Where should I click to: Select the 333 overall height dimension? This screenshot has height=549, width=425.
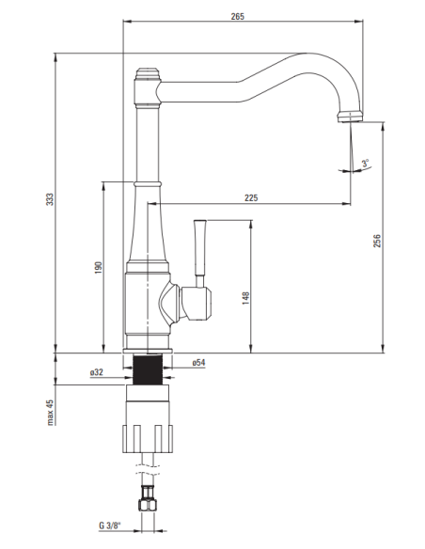50,200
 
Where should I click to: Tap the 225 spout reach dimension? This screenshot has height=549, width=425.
250,197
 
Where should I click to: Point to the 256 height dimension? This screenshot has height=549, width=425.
376,241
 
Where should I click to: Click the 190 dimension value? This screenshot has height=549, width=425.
98,268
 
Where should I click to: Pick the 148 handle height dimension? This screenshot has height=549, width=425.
244,297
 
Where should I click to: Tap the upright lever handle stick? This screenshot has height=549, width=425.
199,252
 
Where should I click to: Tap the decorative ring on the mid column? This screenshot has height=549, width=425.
149,181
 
